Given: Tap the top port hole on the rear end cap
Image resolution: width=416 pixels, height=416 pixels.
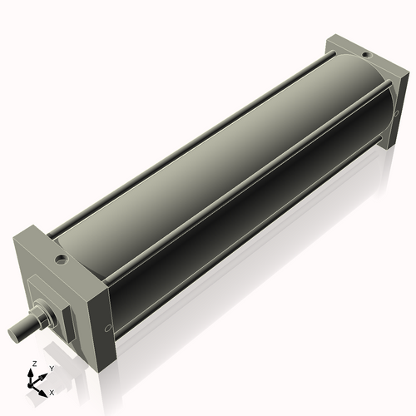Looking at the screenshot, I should (x=364, y=50).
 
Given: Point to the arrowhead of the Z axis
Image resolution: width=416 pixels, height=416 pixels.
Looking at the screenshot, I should (x=32, y=373).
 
